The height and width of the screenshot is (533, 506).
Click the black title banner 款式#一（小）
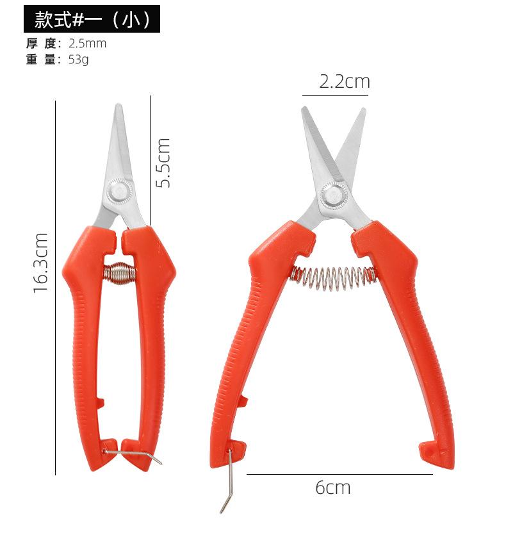pos(92,19)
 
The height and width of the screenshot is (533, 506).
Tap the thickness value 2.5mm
pos(87,44)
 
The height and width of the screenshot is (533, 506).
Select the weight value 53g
pos(79,60)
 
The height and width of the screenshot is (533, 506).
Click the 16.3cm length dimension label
pos(40,263)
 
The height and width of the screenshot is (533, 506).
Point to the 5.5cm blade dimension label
pos(163,163)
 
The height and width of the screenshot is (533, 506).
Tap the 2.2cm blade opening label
pos(344,82)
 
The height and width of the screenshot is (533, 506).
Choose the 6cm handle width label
pos(332,488)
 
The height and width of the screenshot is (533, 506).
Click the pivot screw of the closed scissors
pos(120,190)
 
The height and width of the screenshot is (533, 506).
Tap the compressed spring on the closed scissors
pos(119,272)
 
